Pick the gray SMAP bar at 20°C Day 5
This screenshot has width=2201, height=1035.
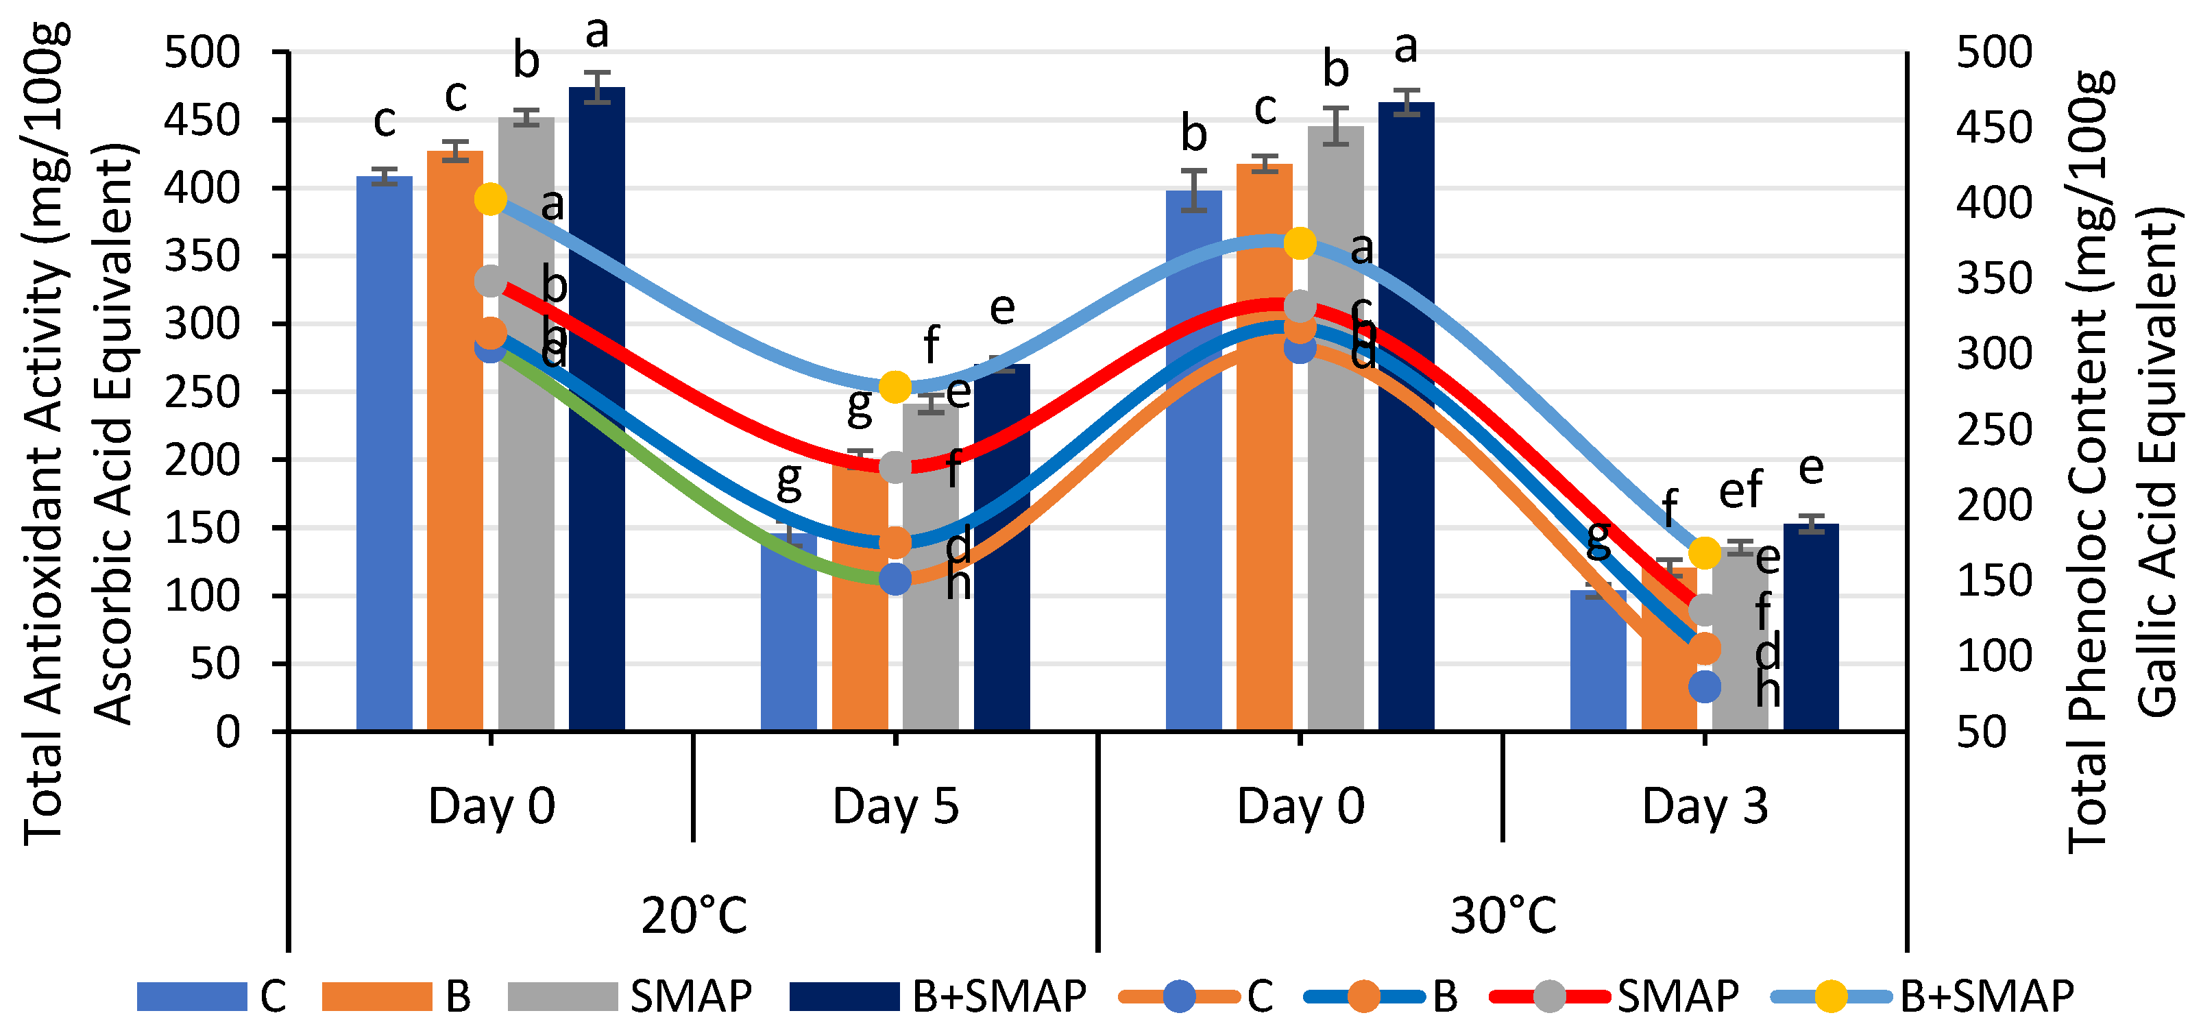coord(929,598)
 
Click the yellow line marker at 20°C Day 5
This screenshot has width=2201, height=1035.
coord(895,387)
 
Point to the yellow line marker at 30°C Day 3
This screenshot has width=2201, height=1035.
coord(1705,553)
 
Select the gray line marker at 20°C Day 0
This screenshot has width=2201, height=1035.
coord(490,280)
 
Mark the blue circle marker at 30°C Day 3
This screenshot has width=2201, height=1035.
coord(1705,686)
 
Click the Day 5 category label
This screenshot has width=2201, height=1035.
coord(895,806)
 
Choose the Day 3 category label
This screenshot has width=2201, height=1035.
coord(1705,806)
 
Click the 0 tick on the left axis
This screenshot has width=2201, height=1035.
coord(228,733)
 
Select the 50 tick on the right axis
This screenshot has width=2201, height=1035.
coord(1980,733)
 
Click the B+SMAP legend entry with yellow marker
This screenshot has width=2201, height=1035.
coord(1923,997)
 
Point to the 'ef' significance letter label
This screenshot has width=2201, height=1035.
coord(1740,491)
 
